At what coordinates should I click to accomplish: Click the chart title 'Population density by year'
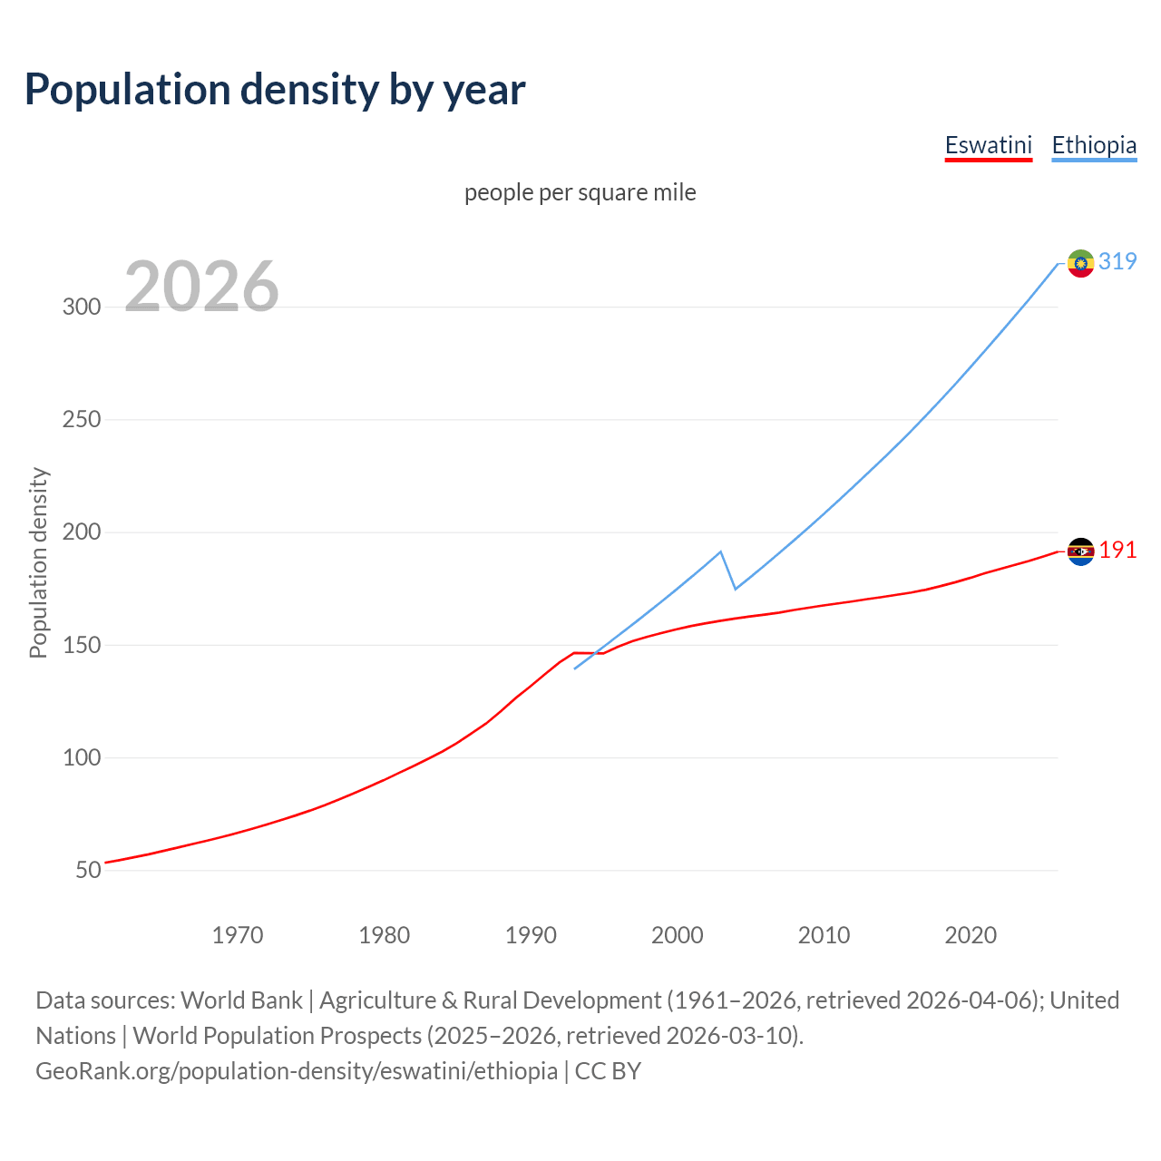tap(275, 90)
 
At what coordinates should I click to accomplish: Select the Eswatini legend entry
tap(988, 145)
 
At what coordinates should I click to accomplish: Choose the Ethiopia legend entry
tap(1093, 145)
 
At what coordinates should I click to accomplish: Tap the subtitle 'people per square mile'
tap(580, 192)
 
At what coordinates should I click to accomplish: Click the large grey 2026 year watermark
tap(201, 287)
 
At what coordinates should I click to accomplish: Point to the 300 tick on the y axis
tap(82, 307)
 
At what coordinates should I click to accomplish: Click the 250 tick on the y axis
tap(82, 419)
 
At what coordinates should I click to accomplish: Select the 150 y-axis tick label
tap(82, 645)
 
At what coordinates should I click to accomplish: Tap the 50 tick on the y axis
tap(88, 870)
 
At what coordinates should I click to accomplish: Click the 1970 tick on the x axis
tap(238, 935)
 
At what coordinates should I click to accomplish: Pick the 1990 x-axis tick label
tap(531, 935)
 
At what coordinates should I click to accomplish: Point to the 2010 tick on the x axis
tap(824, 935)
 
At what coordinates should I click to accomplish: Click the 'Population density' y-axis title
tap(38, 562)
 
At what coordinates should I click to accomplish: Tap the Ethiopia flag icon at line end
tap(1080, 263)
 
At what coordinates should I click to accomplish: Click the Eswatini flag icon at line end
tap(1080, 551)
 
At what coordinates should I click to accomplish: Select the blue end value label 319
tap(1117, 261)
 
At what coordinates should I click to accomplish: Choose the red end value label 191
tap(1117, 551)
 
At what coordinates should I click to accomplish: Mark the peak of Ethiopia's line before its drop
tap(720, 551)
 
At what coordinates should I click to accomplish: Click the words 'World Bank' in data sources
tap(241, 1000)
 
